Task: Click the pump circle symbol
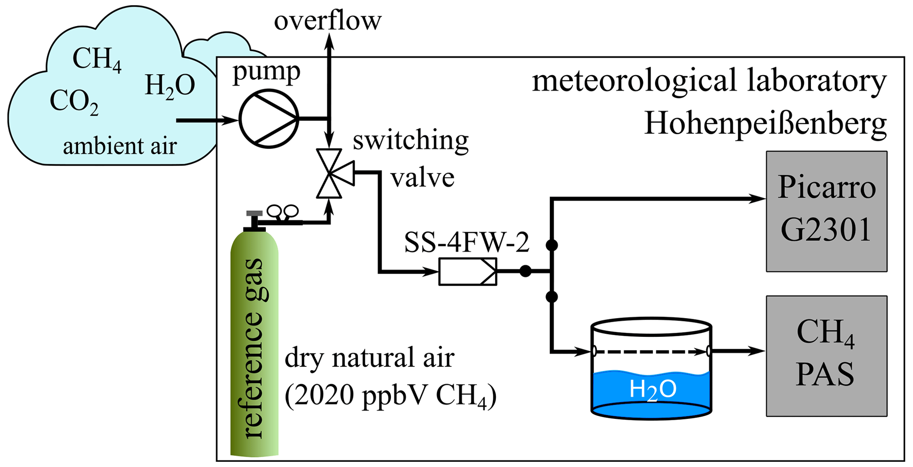pyautogui.click(x=269, y=118)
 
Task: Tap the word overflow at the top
pyautogui.click(x=327, y=21)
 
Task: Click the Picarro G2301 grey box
pyautogui.click(x=826, y=211)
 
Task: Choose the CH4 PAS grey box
pyautogui.click(x=826, y=356)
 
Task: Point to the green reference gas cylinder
pyautogui.click(x=254, y=344)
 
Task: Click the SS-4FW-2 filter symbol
pyautogui.click(x=468, y=271)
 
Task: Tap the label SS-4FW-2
pyautogui.click(x=466, y=242)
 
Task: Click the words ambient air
pyautogui.click(x=120, y=146)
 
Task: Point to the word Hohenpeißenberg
pyautogui.click(x=765, y=123)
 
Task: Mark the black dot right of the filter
pyautogui.click(x=525, y=271)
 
